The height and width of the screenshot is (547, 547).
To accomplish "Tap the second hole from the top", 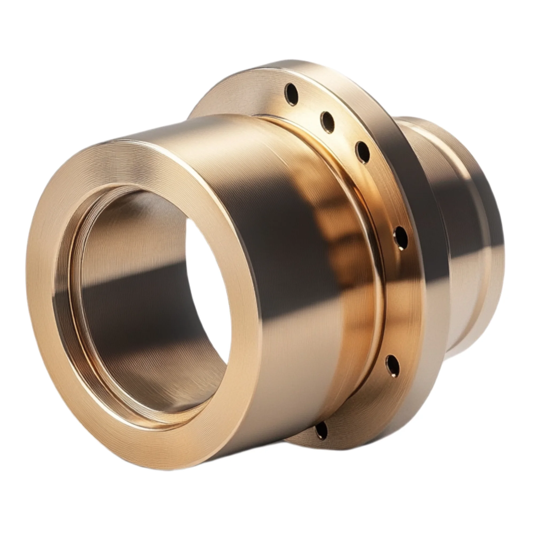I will (327, 122).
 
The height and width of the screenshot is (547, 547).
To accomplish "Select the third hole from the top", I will (363, 152).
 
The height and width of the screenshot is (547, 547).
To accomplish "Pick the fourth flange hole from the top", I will (401, 237).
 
